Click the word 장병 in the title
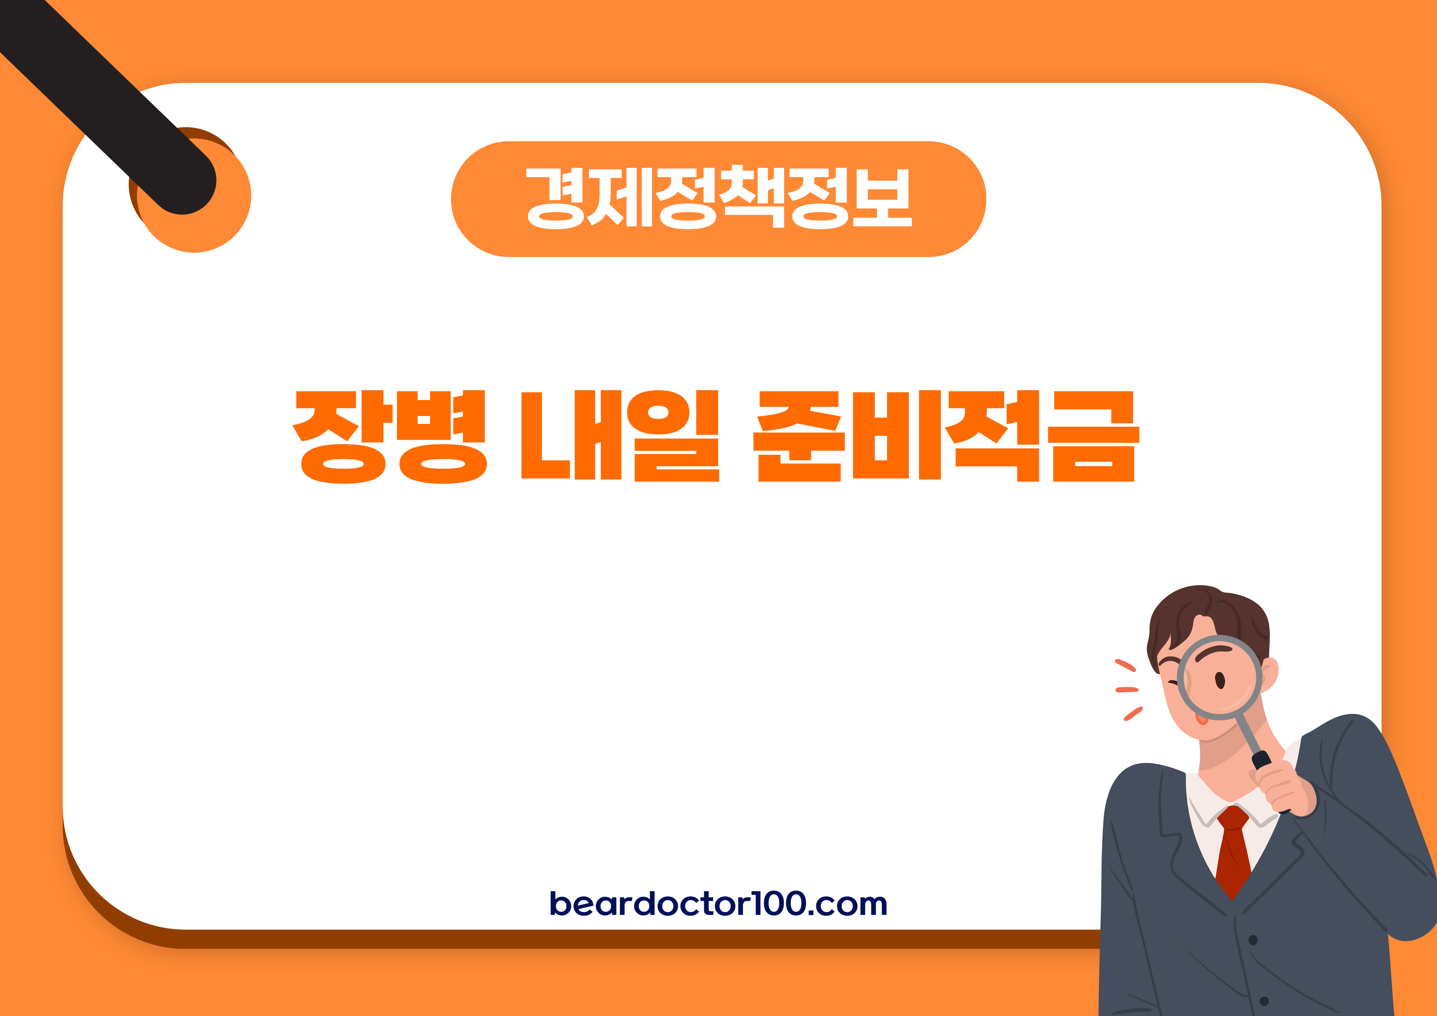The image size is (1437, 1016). (389, 436)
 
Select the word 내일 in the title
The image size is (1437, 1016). (620, 436)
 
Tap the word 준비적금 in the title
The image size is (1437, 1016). (945, 436)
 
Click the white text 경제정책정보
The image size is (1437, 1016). (718, 198)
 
